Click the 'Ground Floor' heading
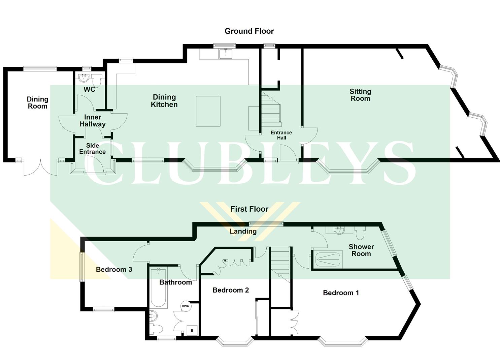[249, 31]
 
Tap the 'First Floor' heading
[249, 209]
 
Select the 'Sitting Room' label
[360, 95]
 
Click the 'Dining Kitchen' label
[164, 101]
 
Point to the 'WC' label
[89, 90]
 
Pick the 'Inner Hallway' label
[93, 121]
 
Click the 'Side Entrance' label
[92, 149]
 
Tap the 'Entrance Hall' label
[281, 135]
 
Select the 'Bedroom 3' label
[114, 270]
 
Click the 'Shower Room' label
[361, 250]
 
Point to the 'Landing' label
[243, 231]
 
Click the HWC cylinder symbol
[186, 306]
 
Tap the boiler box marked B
[192, 330]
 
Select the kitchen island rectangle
[208, 111]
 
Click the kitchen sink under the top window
[226, 54]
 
